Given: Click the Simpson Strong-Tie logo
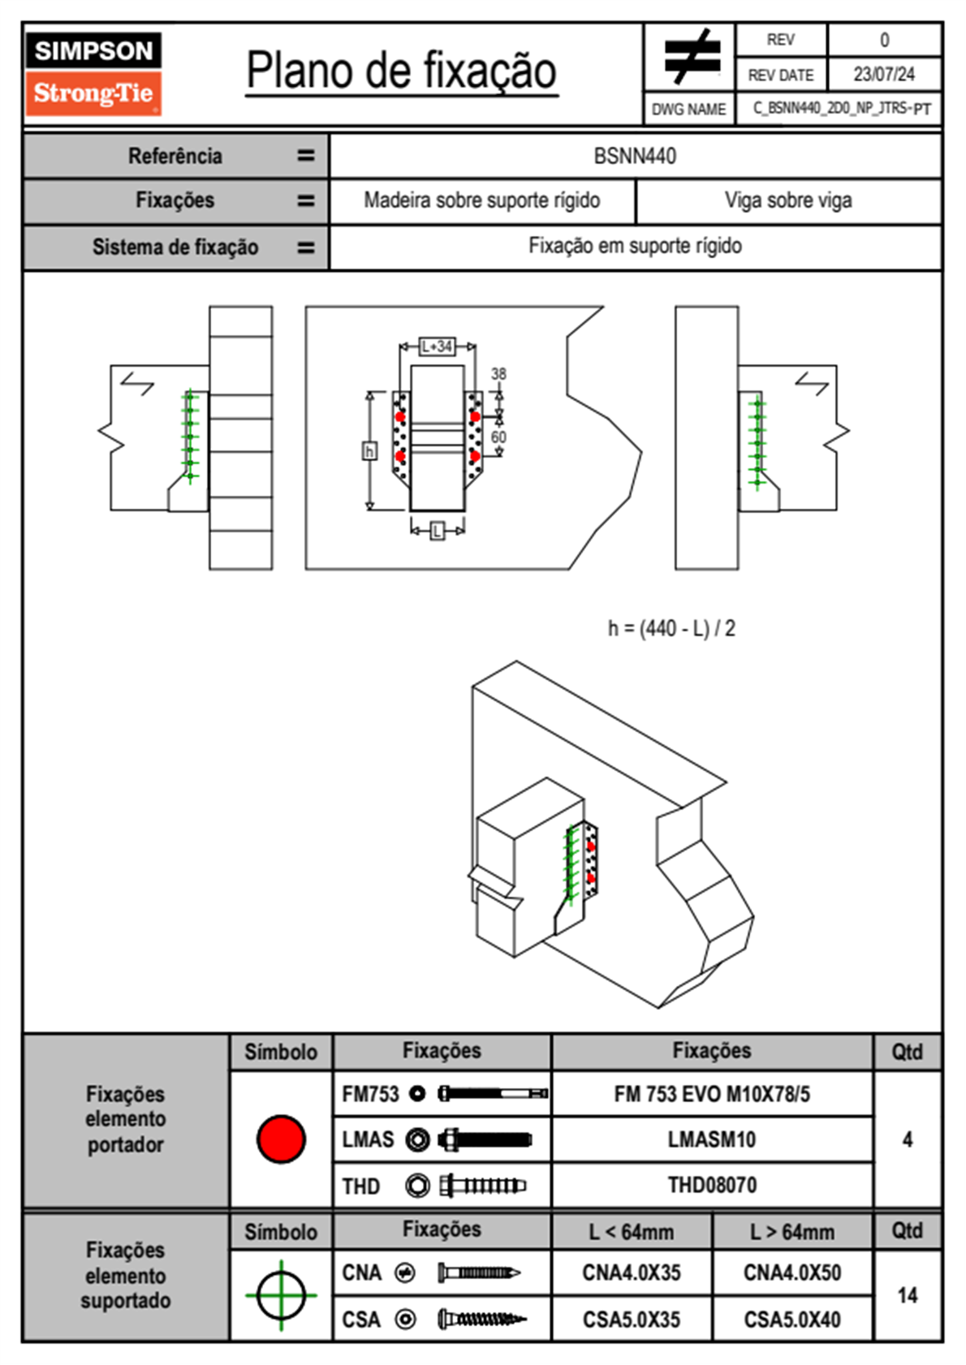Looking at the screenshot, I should pos(93,74).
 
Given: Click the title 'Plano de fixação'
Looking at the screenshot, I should pos(401,71).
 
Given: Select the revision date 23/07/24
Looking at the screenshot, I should pos(883,75).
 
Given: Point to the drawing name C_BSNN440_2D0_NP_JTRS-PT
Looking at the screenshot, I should pos(841,109).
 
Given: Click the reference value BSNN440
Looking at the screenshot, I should pos(635,156).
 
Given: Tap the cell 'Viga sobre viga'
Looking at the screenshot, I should pos(788,200).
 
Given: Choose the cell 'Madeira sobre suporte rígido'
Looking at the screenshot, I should pos(482,200).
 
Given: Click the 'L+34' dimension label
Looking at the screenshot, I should pos(437,347).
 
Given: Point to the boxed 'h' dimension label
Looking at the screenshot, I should pos(369,450).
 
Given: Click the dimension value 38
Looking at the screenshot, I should pos(498,373).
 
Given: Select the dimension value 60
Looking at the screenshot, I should pos(498,437).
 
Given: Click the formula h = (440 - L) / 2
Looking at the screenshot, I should pos(671,628).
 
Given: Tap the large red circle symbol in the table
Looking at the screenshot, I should pos(281,1139).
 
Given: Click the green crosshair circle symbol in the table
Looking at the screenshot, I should pos(281,1295).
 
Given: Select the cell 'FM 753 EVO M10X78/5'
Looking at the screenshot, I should pos(712,1094).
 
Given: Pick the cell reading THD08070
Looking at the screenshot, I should pos(712,1185).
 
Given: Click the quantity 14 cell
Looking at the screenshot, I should pos(907,1295).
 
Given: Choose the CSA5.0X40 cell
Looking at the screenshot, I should pos(792,1320).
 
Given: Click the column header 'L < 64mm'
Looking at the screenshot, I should pos(632,1232).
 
